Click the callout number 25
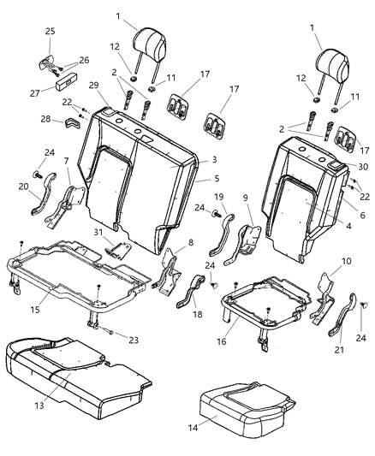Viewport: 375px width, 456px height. (x=50, y=32)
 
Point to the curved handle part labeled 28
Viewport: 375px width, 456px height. (x=71, y=126)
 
